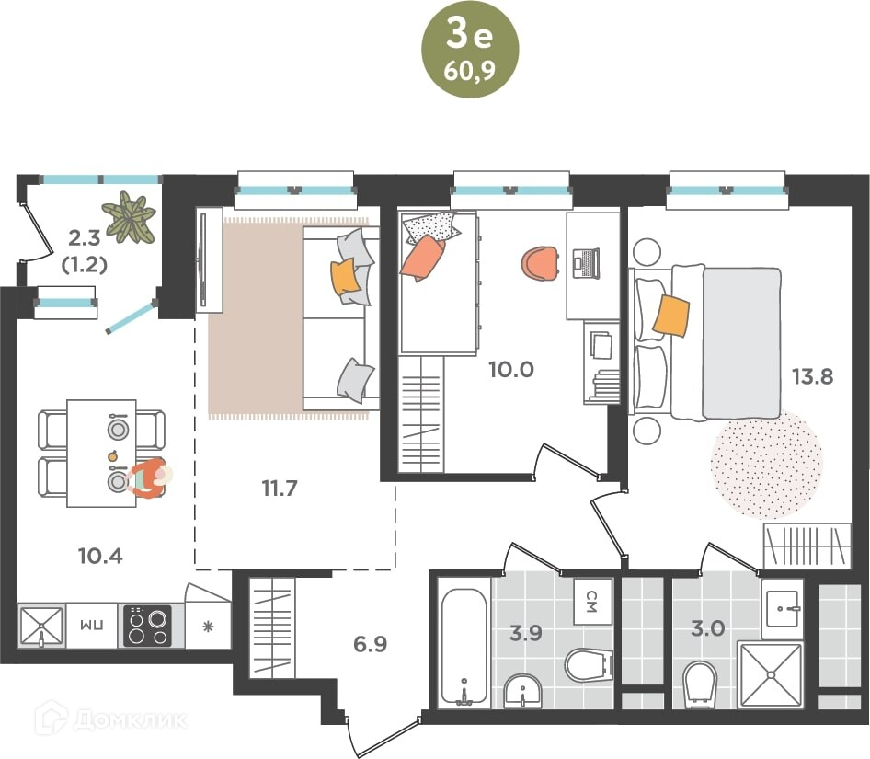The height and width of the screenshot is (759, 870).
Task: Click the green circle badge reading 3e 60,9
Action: [470, 50]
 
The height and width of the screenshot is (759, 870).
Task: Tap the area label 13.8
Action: [812, 376]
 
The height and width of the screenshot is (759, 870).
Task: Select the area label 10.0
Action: [511, 369]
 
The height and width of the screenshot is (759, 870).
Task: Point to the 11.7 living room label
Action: [280, 489]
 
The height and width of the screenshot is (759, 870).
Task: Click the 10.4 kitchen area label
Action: [100, 556]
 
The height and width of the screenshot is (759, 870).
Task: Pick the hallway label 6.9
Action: [370, 644]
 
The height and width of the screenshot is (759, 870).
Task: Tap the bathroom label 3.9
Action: [525, 632]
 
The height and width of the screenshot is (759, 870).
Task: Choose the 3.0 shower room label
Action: [708, 628]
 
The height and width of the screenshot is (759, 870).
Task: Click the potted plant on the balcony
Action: [129, 217]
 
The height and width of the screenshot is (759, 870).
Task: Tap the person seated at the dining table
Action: [148, 478]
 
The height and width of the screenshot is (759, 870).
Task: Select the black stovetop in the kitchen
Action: [147, 626]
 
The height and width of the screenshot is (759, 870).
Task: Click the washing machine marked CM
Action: [592, 602]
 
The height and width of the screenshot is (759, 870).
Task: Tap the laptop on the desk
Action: [586, 263]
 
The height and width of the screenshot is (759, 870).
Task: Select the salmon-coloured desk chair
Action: [540, 263]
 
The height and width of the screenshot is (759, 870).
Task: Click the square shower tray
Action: [770, 675]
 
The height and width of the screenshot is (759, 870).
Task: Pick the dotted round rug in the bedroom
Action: [767, 464]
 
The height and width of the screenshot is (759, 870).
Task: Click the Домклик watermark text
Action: [130, 720]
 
